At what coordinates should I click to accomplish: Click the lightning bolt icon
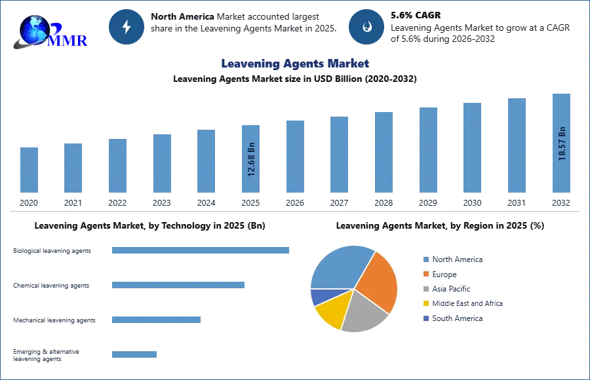pos(127,27)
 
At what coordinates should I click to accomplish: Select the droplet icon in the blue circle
pos(367,27)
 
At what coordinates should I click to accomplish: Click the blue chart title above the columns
pos(296,64)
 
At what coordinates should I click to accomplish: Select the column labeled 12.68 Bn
pos(251,157)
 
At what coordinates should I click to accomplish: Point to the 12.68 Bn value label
pos(251,160)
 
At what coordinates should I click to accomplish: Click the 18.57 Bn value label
pos(562,143)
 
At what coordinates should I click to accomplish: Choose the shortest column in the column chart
pos(29,170)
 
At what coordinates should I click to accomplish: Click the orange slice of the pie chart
pos(377,280)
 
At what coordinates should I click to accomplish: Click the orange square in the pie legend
pos(425,274)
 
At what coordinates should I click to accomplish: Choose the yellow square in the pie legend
pos(425,304)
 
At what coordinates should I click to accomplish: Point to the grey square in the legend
pos(425,289)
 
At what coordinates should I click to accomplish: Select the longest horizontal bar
pos(201,252)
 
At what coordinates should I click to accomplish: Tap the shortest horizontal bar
pos(134,356)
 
